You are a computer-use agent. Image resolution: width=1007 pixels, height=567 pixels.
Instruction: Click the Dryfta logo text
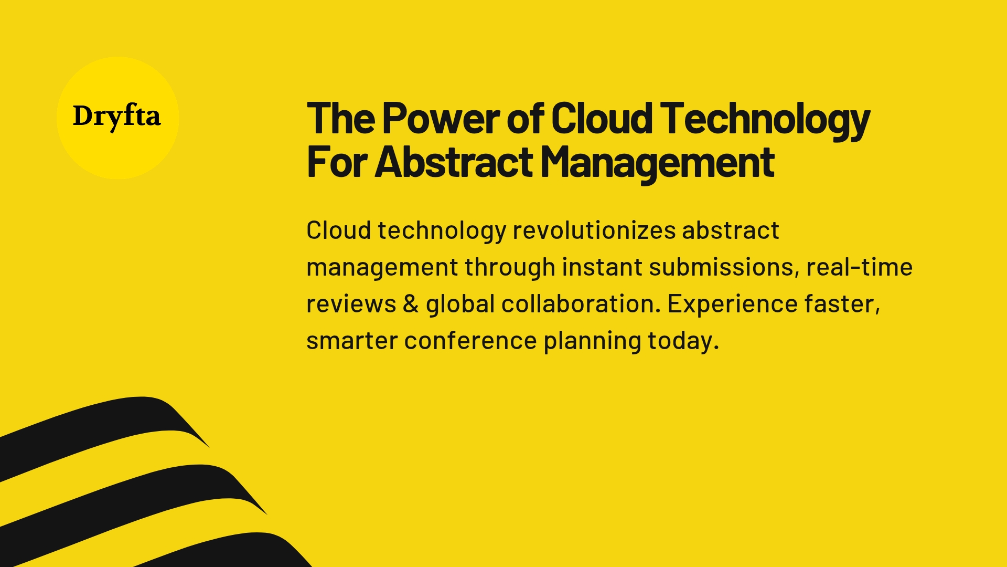tap(116, 116)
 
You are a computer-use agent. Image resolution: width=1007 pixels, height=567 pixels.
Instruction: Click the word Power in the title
tap(440, 119)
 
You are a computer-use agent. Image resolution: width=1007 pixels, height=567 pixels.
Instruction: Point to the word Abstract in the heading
tap(454, 162)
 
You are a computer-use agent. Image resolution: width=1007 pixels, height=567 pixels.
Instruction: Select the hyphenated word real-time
tap(859, 267)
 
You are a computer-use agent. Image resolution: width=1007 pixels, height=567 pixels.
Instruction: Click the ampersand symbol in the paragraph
tap(411, 304)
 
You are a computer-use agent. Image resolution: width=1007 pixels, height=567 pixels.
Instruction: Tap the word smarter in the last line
tap(352, 341)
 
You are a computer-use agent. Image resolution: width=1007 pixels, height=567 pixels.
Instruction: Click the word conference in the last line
tap(470, 341)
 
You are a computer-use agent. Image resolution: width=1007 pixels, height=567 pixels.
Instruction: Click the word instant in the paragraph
tap(602, 267)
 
